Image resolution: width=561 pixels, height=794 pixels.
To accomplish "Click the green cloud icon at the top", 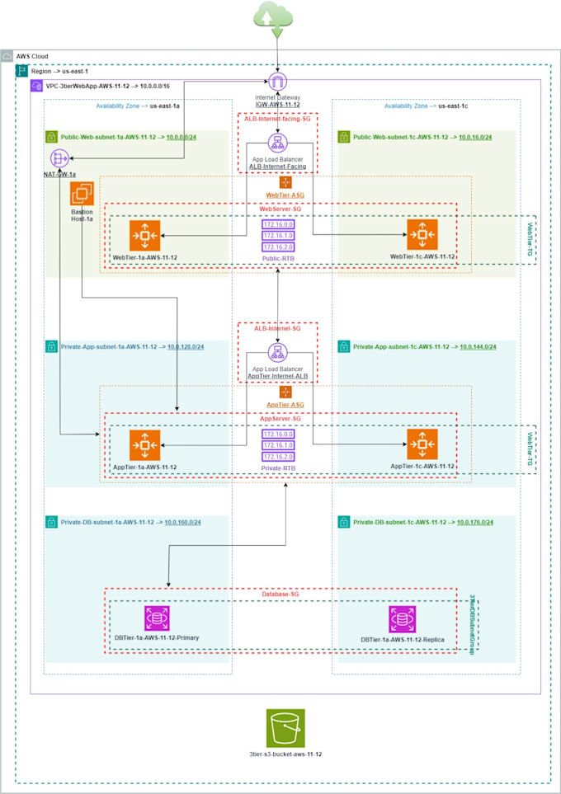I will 277,18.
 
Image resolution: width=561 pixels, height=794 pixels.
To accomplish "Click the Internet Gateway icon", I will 278,82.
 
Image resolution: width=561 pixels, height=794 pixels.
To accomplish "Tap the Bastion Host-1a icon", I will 81,195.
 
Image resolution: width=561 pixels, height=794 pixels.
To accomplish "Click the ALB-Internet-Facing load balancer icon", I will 277,143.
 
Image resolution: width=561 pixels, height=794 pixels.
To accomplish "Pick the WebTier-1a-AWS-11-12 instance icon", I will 144,235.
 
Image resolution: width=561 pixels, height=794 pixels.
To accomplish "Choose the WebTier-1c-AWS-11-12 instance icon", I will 422,235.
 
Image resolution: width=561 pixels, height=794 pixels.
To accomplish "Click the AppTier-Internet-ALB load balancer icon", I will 277,352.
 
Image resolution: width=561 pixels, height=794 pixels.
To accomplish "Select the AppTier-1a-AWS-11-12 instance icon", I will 144,445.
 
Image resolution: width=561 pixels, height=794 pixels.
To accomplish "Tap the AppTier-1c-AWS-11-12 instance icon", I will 422,444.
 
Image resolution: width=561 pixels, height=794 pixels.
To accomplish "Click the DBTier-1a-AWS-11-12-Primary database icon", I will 156,618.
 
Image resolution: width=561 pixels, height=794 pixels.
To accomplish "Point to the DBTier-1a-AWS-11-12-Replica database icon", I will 403,619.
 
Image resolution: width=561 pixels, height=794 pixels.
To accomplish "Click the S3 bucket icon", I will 285,728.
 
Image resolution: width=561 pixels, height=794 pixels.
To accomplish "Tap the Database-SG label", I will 281,594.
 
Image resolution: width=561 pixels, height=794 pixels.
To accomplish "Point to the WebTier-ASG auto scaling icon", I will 285,181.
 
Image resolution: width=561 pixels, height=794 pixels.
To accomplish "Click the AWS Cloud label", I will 33,55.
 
